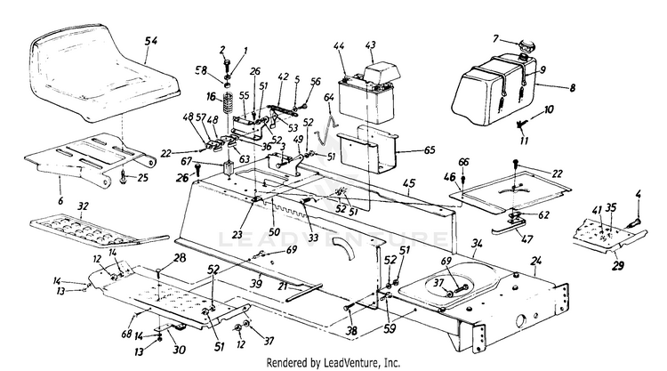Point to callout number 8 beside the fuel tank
[x=572, y=88]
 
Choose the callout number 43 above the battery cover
[x=370, y=44]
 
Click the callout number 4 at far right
[x=637, y=195]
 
